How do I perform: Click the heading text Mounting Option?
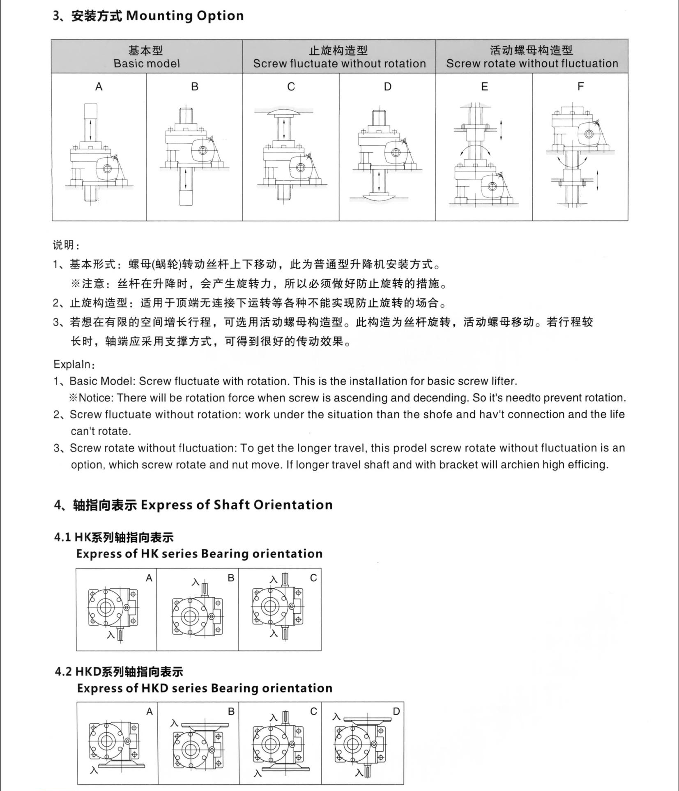185,16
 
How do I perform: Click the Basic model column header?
147,64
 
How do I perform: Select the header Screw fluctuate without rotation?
339,64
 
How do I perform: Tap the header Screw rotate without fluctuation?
532,64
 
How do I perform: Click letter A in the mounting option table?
99,87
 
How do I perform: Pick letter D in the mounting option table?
387,87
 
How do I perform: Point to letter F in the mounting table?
580,87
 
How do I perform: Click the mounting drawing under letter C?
291,154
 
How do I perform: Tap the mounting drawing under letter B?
194,156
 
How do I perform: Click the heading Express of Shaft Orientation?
237,505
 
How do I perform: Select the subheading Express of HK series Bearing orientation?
199,554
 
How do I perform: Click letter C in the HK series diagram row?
313,578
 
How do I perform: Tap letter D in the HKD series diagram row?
396,711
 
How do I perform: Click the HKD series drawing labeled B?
198,746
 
